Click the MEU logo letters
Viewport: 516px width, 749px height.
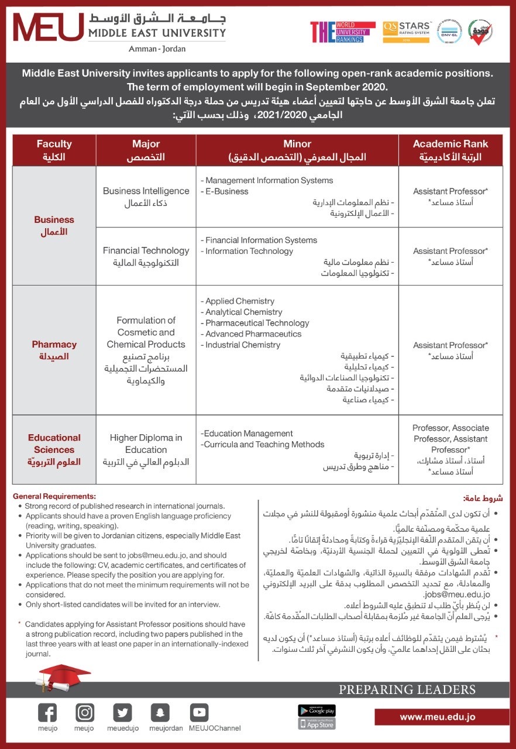pos(49,28)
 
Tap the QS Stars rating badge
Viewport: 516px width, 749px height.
pos(407,32)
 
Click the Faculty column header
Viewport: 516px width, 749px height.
pos(54,150)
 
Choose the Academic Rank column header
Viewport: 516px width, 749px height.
pos(450,150)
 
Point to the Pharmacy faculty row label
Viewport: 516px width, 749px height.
pos(54,350)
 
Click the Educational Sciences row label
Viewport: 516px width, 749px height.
pos(54,449)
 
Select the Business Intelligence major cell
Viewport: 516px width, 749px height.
pos(146,197)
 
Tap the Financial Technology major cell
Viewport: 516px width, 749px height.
pos(146,256)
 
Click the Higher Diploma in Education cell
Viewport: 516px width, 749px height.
pos(146,449)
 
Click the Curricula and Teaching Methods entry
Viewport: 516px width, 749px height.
pos(263,445)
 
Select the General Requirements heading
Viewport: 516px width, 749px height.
pos(54,496)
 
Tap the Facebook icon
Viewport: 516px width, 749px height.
pos(47,712)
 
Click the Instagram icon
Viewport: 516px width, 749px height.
pos(85,712)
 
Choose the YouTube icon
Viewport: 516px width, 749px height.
pos(199,712)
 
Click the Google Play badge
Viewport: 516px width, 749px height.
pos(317,710)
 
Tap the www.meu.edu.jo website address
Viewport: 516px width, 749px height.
pos(438,717)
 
